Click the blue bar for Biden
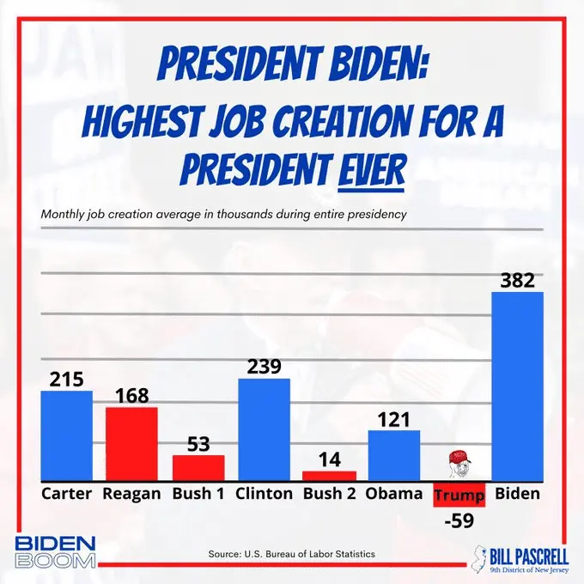pos(517,386)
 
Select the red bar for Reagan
pos(131,443)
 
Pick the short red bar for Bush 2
pos(329,475)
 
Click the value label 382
pos(517,281)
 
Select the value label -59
pos(459,520)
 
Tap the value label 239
pos(264,367)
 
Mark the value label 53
pos(198,444)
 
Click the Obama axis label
pos(394,494)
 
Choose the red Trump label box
pos(459,496)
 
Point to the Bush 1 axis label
pos(198,494)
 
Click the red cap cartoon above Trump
pos(459,464)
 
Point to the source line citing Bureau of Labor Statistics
pos(292,554)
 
